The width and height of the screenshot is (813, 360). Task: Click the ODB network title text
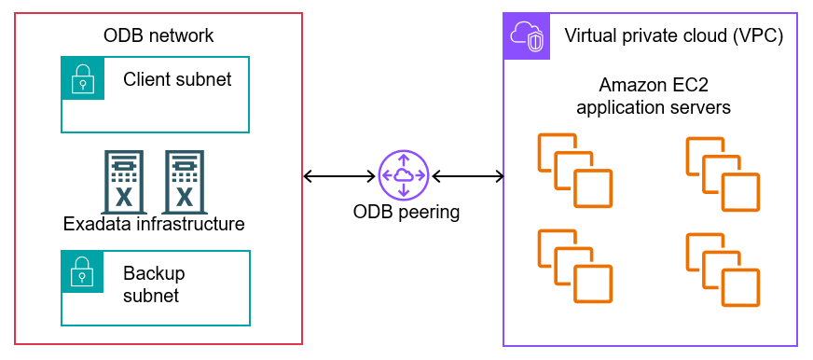[158, 36]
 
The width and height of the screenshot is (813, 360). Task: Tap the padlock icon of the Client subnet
[83, 78]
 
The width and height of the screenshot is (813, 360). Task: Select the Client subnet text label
[177, 79]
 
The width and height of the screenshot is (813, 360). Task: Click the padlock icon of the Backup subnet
[83, 271]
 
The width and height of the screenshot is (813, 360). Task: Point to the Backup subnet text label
[154, 284]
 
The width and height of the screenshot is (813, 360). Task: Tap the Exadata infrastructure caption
[154, 224]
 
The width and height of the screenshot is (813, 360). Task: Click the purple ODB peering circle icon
[404, 175]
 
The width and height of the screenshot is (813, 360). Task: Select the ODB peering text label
[406, 212]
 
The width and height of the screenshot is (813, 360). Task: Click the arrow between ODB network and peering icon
[340, 175]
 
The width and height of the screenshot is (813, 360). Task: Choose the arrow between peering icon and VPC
[467, 175]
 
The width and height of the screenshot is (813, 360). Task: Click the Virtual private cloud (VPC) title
[673, 36]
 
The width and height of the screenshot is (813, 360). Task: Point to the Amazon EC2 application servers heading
[653, 96]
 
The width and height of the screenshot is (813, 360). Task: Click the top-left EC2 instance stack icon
[574, 170]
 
